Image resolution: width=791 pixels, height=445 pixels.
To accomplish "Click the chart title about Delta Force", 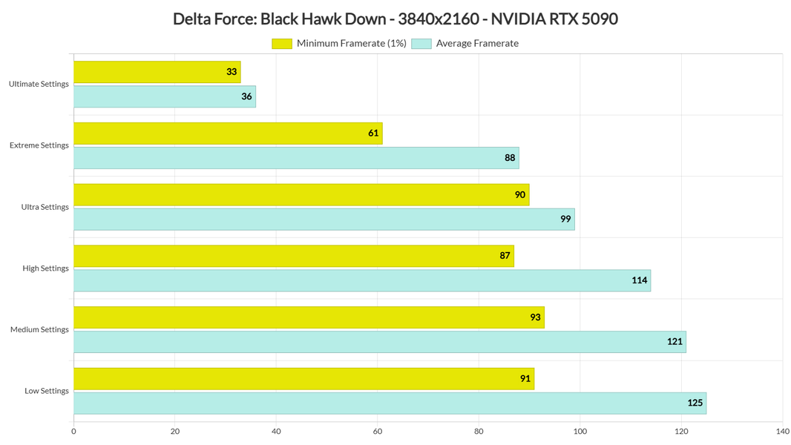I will tap(395, 19).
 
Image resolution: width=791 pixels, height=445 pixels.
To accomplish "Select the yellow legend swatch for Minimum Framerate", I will tap(282, 44).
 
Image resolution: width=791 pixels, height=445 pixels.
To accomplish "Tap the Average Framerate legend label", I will tap(476, 44).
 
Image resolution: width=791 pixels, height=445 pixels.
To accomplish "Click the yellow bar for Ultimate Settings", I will tap(157, 72).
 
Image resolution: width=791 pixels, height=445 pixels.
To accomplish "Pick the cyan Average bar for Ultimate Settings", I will tap(164, 96).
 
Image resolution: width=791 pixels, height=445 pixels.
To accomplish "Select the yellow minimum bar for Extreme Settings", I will tap(228, 133).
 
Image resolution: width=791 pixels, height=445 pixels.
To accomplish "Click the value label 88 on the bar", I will tap(510, 158).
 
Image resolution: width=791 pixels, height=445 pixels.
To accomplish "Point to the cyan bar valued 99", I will tap(324, 220).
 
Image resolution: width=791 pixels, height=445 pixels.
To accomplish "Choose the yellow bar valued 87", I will tap(293, 256).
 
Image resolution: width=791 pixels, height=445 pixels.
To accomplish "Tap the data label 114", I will tap(639, 280).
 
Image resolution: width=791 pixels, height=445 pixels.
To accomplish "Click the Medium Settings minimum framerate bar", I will tap(309, 317).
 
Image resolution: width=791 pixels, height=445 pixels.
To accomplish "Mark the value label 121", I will tap(674, 342).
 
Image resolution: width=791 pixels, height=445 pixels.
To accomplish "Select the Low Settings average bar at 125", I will tap(390, 403).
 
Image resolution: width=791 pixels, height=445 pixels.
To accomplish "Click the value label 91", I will tap(525, 379).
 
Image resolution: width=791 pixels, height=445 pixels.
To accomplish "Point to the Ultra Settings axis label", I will tap(45, 207).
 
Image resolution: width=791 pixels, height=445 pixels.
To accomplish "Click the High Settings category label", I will tap(45, 268).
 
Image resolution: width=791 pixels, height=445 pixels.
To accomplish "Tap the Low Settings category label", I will tap(46, 391).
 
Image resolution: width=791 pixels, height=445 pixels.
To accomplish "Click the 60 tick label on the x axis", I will tap(377, 431).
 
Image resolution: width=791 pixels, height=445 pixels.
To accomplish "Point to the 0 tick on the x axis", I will tap(73, 431).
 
